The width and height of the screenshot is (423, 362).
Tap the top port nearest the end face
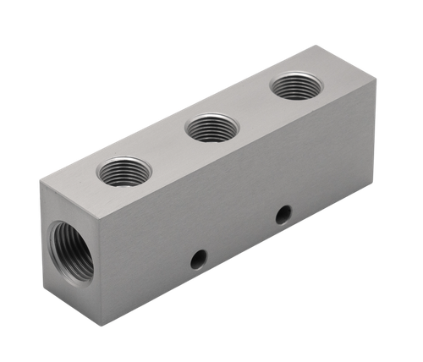point(124,172)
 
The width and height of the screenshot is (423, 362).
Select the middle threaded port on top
point(211,128)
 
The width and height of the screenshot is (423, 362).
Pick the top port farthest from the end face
point(296,86)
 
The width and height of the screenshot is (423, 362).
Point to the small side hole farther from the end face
point(283,215)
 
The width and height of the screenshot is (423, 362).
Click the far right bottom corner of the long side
point(373,189)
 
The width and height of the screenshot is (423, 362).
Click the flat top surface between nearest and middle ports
point(168,151)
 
